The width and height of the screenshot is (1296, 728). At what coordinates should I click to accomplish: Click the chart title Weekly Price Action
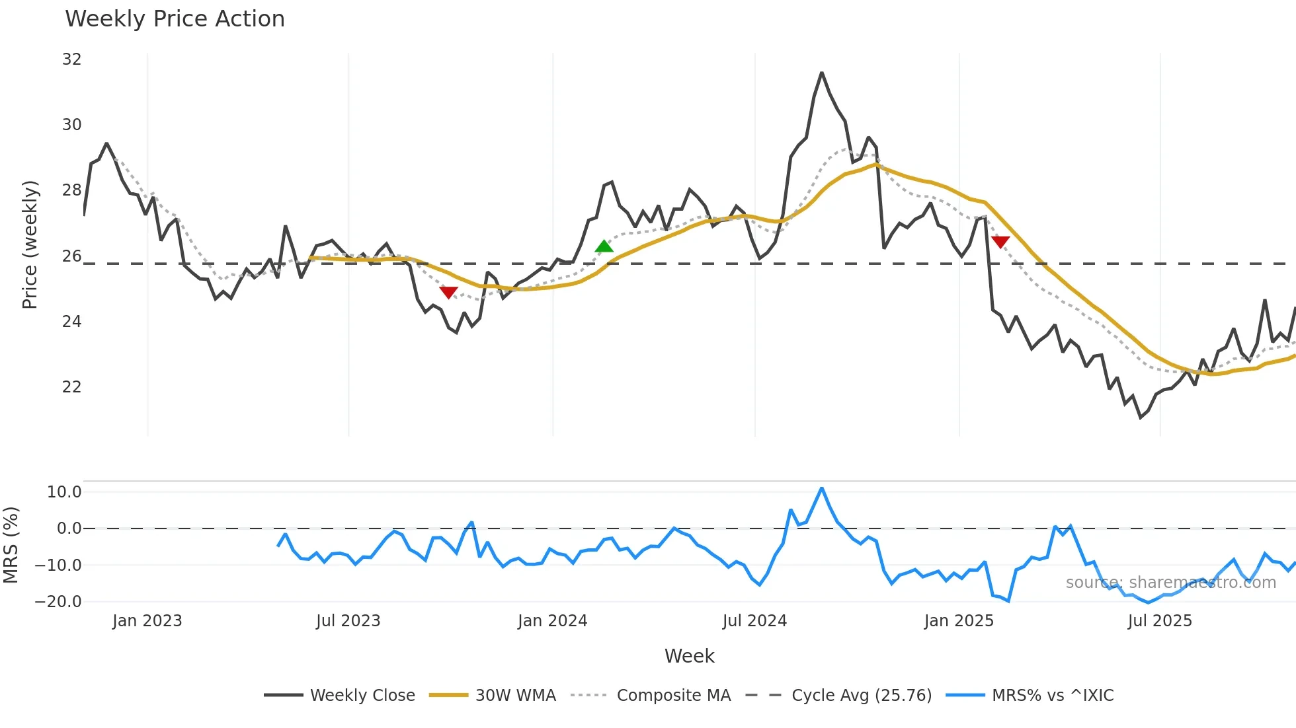click(x=175, y=19)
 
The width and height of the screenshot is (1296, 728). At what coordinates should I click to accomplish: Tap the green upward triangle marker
click(x=604, y=247)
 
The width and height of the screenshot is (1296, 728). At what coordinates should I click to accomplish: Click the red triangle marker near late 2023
click(x=448, y=292)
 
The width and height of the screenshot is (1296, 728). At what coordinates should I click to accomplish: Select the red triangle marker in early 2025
click(x=1000, y=242)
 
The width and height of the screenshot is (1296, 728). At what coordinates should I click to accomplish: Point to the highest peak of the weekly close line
click(x=822, y=73)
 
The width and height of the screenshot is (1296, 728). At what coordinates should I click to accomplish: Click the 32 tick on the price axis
click(x=71, y=59)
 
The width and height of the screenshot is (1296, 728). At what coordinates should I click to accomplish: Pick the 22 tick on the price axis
click(x=71, y=386)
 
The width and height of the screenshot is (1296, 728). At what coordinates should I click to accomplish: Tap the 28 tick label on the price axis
click(x=71, y=190)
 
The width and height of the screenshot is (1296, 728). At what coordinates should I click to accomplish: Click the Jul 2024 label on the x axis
click(x=754, y=621)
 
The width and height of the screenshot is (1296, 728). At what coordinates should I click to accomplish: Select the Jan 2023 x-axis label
click(x=147, y=621)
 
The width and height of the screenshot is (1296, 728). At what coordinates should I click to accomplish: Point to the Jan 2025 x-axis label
click(x=959, y=621)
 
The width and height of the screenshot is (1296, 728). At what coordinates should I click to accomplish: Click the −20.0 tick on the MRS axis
click(x=58, y=602)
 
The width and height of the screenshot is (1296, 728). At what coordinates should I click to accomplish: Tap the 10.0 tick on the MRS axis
click(x=64, y=492)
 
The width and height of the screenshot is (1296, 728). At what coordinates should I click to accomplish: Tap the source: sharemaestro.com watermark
click(x=1170, y=583)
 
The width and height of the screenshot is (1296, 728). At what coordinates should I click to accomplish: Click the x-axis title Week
click(x=689, y=656)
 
